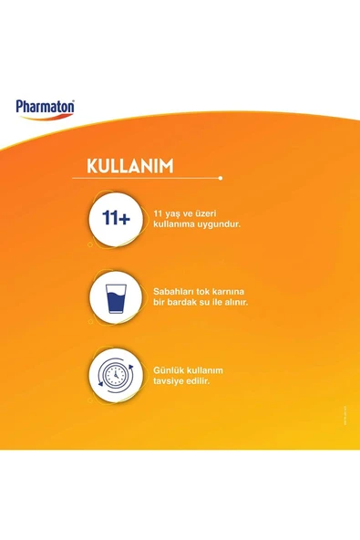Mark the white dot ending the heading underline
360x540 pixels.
coord(220,178)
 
